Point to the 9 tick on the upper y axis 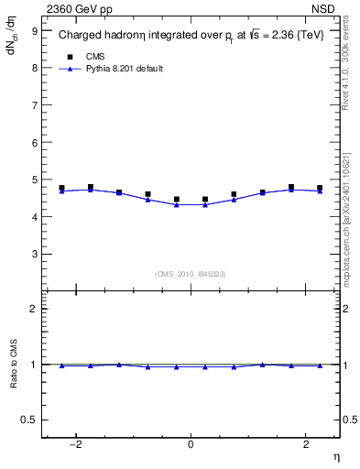(34, 30)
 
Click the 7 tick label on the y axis (34, 105)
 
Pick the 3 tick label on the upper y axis (34, 255)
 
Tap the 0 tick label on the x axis (191, 444)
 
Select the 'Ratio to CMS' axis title (14, 365)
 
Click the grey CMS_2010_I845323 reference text (191, 274)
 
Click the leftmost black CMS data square (61, 188)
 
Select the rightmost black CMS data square (320, 188)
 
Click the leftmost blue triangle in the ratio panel (61, 365)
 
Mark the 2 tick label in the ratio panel (34, 309)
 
